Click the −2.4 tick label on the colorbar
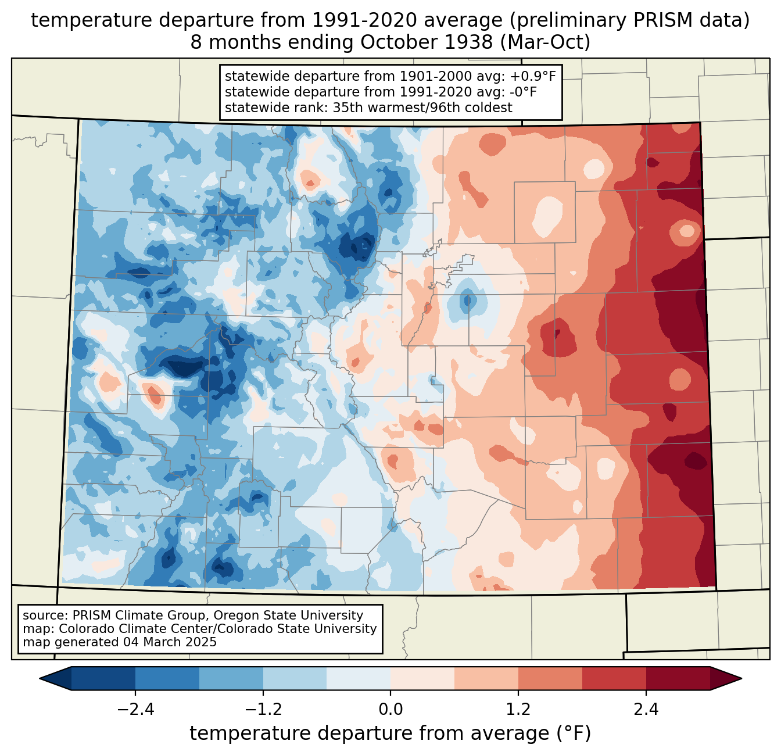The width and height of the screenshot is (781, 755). pos(135,710)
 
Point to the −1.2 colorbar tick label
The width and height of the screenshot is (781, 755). pos(263,710)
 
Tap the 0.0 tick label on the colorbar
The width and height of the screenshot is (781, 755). pos(390,710)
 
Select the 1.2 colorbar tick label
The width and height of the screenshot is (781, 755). pos(518,710)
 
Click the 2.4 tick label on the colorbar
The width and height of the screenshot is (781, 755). pos(646,710)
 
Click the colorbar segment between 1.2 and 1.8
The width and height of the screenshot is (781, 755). pos(550,679)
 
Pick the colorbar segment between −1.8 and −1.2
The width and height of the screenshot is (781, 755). pos(231,679)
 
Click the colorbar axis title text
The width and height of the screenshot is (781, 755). pos(390,733)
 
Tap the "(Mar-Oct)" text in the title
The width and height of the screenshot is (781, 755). pos(546,42)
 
